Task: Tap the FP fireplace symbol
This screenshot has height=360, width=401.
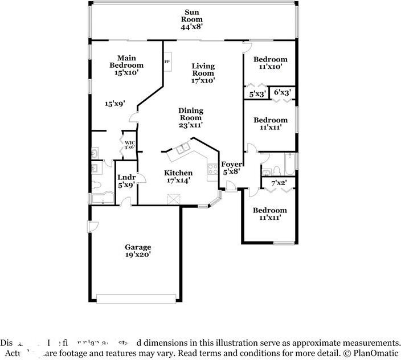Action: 167,62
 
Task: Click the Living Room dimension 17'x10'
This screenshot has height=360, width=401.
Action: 203,80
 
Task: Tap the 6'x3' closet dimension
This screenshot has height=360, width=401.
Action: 283,92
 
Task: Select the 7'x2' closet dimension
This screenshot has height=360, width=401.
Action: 279,183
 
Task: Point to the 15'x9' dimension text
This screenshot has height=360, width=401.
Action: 115,104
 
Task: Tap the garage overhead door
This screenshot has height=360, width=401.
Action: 138,298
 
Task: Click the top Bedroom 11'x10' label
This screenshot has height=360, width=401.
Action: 270,63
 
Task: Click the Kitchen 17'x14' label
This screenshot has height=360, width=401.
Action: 178,177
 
